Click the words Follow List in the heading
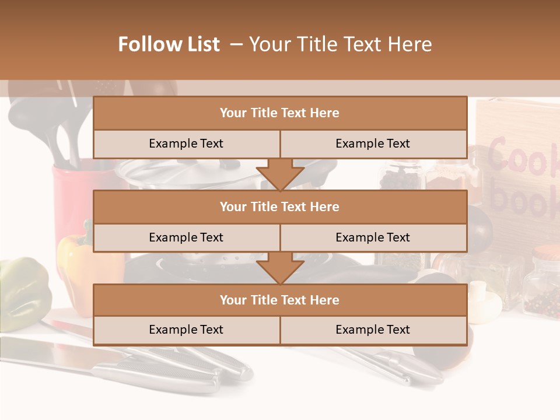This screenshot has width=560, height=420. (169, 44)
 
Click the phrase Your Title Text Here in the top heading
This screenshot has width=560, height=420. (340, 44)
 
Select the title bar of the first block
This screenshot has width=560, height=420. (280, 113)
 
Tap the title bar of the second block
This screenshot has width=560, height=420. (280, 206)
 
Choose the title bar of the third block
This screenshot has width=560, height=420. (280, 300)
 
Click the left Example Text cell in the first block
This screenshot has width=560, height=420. (186, 144)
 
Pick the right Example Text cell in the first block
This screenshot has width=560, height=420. (373, 144)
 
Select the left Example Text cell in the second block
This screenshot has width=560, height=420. (186, 237)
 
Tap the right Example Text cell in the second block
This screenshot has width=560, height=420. (373, 237)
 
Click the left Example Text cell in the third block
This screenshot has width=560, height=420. (186, 330)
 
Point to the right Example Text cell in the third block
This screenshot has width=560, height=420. (373, 330)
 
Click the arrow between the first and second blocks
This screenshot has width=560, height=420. (280, 175)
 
